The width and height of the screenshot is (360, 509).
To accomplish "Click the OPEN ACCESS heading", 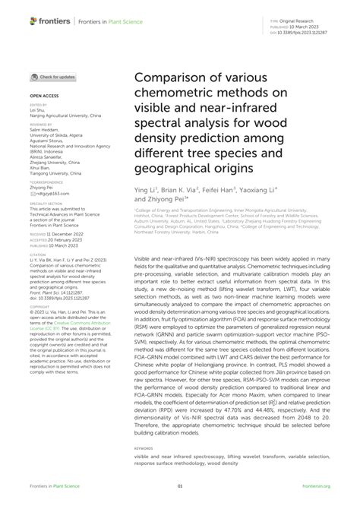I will coord(44,96).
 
